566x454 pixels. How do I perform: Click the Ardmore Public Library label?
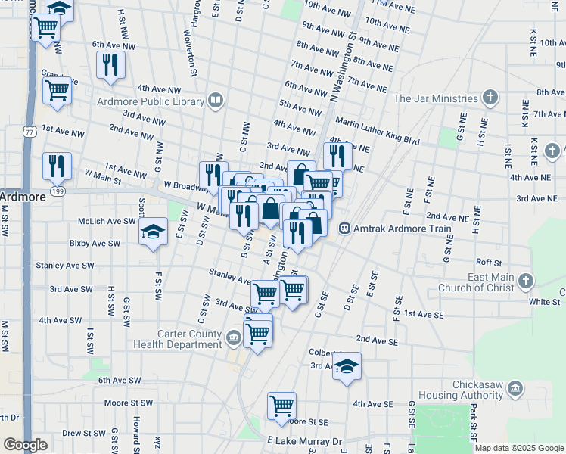(x=151, y=100)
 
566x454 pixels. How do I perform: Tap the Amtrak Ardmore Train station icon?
(x=344, y=228)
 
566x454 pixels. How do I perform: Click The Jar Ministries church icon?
(x=490, y=98)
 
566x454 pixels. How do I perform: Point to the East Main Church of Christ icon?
(x=525, y=283)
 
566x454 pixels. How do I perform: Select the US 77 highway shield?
(x=29, y=131)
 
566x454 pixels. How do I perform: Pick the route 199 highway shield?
(x=57, y=191)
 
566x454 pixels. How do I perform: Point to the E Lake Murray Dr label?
(x=304, y=440)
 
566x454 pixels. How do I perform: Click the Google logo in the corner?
(x=25, y=445)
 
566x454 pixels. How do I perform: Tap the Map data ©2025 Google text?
(x=519, y=448)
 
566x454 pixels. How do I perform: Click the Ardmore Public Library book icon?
(x=216, y=100)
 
